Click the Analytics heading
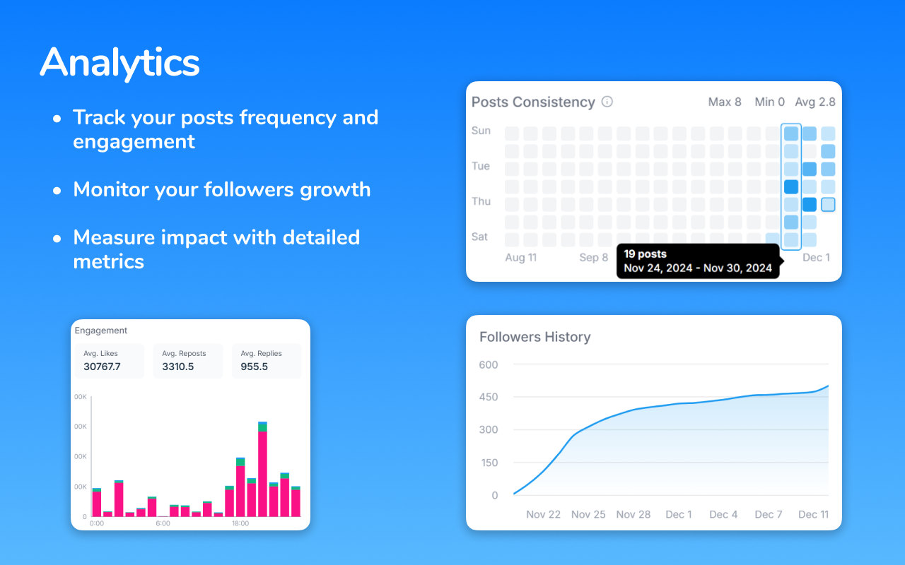click(x=119, y=62)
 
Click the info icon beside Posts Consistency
click(x=607, y=102)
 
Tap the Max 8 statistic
click(x=725, y=102)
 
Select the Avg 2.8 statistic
click(x=814, y=102)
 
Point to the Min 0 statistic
click(x=769, y=102)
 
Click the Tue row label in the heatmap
click(x=481, y=166)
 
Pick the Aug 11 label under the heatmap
click(x=520, y=258)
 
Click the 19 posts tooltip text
click(x=645, y=254)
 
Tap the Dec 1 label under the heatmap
click(x=817, y=258)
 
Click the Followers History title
click(x=535, y=337)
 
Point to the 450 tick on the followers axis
click(x=488, y=397)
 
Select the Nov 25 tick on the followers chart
click(x=588, y=514)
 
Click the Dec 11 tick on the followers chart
click(x=813, y=514)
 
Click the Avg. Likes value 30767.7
click(x=102, y=367)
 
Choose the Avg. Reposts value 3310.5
click(x=177, y=367)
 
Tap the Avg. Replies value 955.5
click(x=255, y=367)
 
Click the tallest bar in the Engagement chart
click(x=262, y=470)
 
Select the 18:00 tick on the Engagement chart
click(x=240, y=523)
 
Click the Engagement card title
click(x=101, y=331)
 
